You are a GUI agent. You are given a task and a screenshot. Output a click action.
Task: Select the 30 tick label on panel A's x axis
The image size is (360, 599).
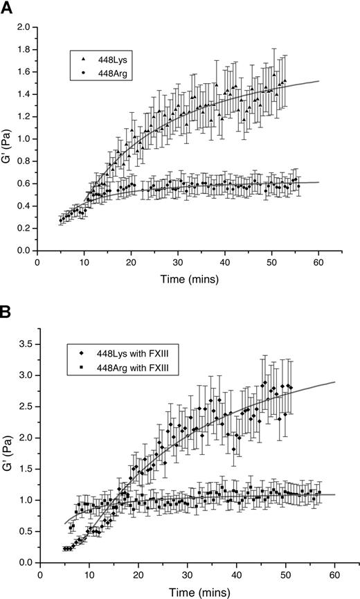click(186, 263)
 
